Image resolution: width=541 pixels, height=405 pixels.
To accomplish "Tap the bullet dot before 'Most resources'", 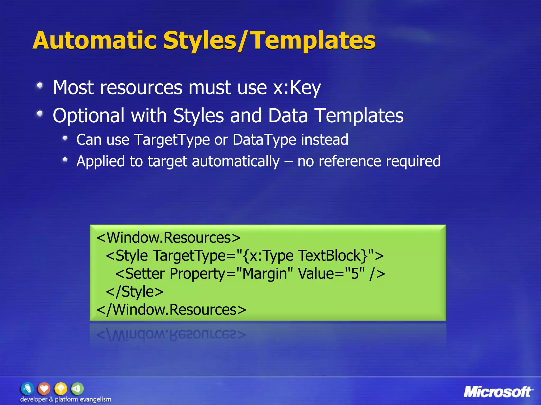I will click(x=40, y=86).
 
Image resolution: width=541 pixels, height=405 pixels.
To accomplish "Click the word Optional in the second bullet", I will click(x=88, y=115).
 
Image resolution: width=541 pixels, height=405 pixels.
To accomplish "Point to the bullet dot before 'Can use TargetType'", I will click(x=65, y=138).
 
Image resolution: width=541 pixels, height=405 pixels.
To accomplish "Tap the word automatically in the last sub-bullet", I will click(x=236, y=161).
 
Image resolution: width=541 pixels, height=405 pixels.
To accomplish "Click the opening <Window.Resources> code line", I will click(x=169, y=238).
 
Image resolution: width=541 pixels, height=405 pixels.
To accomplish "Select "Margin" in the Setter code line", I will click(x=265, y=273).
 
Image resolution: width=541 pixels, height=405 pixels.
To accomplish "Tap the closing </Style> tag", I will click(x=135, y=292).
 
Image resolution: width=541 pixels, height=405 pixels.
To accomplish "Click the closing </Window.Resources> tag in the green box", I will click(x=171, y=310).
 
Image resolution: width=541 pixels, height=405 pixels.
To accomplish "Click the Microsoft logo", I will click(x=498, y=392).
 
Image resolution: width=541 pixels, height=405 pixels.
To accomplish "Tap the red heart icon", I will click(x=44, y=389).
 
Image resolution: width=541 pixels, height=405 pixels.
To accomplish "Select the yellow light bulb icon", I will click(x=61, y=389).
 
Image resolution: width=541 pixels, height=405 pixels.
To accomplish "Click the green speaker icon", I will click(x=77, y=389).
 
